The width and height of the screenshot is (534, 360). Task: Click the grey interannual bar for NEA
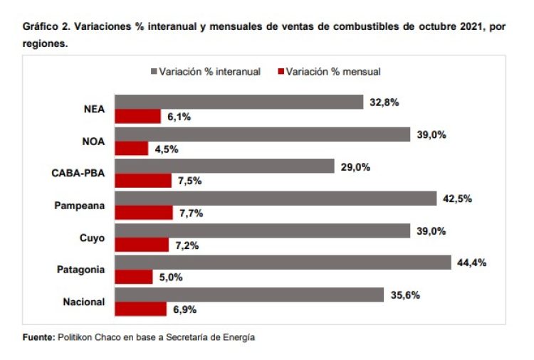239,102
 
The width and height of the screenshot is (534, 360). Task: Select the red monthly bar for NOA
132,149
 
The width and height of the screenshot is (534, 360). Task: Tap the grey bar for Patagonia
283,262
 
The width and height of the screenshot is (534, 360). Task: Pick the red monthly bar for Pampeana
144,213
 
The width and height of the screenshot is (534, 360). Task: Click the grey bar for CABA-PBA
225,166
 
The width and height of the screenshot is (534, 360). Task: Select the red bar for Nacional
141,309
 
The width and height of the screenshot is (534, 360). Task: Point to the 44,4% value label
471,263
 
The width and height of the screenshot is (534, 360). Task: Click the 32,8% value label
384,102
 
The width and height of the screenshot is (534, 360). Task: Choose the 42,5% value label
457,198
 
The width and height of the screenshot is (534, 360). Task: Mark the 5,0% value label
170,277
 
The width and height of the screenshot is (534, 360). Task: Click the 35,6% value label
405,295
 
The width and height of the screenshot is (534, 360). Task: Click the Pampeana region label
80,206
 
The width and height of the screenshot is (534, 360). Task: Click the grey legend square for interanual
153,72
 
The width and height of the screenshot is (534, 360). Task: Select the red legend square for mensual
280,72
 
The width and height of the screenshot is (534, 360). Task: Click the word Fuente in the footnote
38,337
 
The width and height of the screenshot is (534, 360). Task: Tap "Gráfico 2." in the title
47,28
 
